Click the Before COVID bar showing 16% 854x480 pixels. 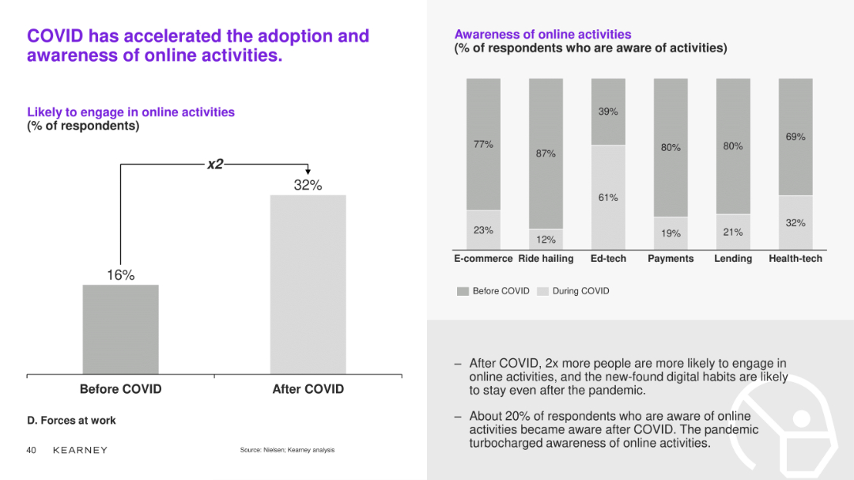(120, 329)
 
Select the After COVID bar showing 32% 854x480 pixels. (308, 284)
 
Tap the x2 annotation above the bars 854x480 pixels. (215, 164)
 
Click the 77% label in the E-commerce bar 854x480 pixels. (483, 145)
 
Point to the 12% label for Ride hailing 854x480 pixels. (546, 240)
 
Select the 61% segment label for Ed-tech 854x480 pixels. (608, 198)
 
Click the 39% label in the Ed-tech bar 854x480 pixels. (608, 112)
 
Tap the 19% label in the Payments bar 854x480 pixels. (671, 233)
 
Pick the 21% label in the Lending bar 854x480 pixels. (733, 232)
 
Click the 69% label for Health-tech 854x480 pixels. (795, 137)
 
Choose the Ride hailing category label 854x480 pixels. (546, 259)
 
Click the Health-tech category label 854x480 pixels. (795, 259)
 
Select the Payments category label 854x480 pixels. (671, 259)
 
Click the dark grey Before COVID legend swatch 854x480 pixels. (463, 291)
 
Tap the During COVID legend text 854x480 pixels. (580, 291)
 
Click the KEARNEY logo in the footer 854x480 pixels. (80, 450)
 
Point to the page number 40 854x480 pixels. (32, 450)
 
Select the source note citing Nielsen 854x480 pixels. (287, 450)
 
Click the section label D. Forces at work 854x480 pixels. (71, 421)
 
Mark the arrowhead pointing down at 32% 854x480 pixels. (308, 170)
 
